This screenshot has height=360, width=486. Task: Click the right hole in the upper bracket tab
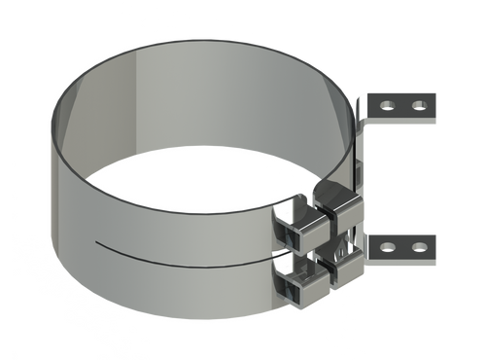[419, 103]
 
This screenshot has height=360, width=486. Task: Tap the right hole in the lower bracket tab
[419, 246]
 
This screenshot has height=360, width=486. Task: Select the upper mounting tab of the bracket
[402, 103]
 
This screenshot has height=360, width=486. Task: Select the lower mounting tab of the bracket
[402, 246]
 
